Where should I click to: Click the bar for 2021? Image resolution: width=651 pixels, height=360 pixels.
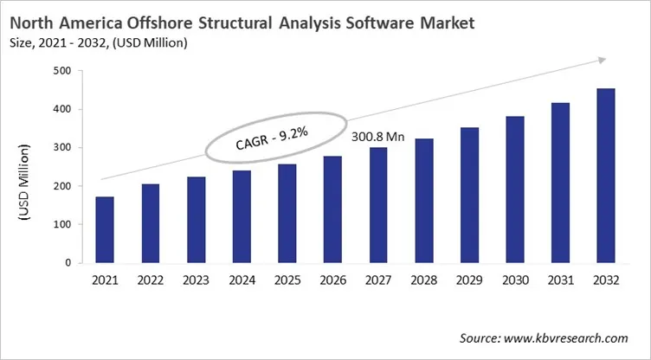(x=104, y=229)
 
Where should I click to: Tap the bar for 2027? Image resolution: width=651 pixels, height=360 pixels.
(x=378, y=205)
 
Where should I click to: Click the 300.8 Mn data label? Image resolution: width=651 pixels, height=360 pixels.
(x=377, y=137)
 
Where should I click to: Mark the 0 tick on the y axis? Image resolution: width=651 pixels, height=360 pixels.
(x=68, y=262)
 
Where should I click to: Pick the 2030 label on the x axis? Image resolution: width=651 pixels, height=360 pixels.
(x=512, y=280)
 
